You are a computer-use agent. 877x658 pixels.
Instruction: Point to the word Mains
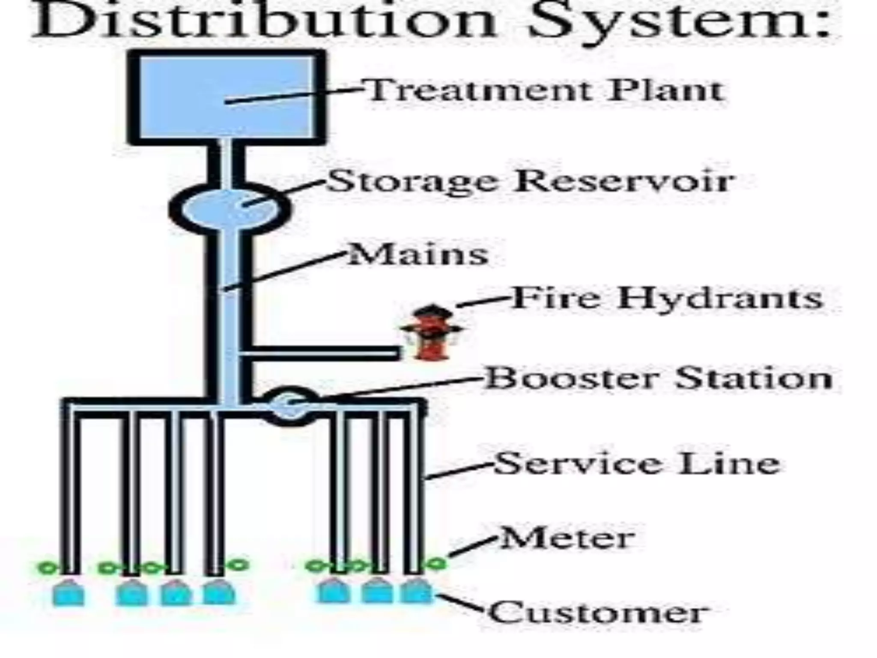pyautogui.click(x=418, y=254)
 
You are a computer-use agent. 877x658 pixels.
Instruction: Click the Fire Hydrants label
pyautogui.click(x=666, y=298)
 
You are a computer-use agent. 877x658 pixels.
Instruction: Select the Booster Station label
pyautogui.click(x=658, y=379)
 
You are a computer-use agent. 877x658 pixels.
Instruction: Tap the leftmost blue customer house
pyautogui.click(x=69, y=593)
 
